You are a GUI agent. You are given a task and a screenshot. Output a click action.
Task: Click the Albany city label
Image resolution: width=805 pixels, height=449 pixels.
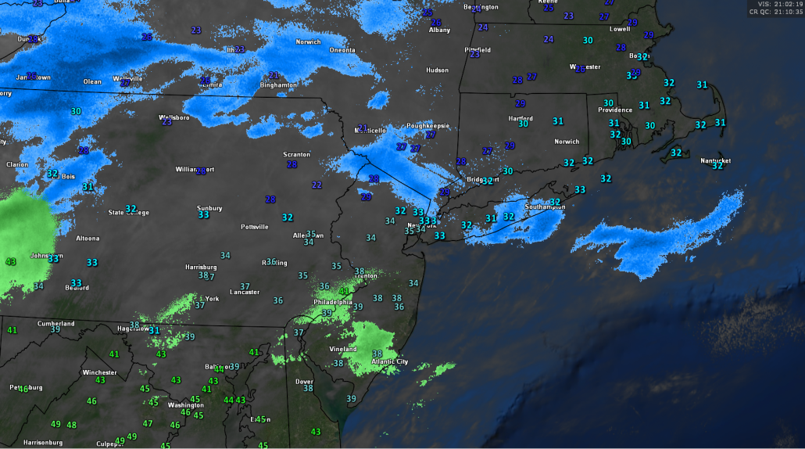pos(439,30)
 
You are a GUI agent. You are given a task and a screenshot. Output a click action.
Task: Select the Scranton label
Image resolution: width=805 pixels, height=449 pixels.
pos(296,154)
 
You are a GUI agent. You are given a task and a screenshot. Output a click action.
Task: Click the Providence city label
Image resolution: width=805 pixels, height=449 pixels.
pos(615,110)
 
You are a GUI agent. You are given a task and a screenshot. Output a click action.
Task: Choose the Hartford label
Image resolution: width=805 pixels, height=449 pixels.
pos(520,118)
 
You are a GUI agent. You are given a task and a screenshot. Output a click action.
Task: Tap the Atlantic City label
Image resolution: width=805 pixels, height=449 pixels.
pos(390,361)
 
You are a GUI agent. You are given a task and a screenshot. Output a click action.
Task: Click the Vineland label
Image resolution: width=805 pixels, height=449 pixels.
pos(342,349)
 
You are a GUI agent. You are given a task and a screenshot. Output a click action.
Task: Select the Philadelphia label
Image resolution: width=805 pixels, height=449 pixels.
pos(333,302)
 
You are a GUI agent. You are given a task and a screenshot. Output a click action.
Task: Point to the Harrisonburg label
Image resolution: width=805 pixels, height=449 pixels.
pos(43,443)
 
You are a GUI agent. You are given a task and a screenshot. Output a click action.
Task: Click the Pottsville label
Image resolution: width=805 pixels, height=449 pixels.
pos(255,227)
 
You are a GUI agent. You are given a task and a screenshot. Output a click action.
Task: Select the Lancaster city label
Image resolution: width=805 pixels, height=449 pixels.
pos(244,292)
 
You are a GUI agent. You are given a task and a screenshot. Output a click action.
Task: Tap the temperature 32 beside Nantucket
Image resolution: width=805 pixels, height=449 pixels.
pos(717,166)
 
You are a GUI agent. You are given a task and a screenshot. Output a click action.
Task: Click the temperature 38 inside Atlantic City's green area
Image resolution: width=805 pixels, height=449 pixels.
pos(377,354)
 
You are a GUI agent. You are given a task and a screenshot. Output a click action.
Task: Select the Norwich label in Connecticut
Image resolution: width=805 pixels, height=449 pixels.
pos(567,142)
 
